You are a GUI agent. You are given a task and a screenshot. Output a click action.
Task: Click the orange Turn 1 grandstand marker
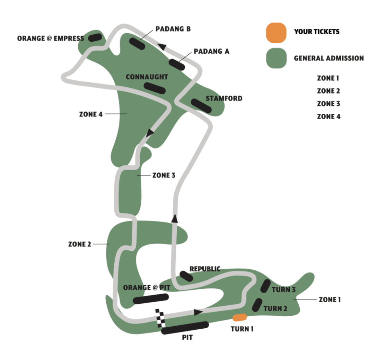(x=239, y=317)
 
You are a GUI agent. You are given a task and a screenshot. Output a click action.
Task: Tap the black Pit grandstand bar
(x=185, y=328)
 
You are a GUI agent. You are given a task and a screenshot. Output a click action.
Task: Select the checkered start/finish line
(x=160, y=318)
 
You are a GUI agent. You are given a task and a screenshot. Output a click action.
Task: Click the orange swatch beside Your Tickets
(x=276, y=32)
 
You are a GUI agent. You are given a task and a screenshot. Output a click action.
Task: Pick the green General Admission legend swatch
(x=276, y=58)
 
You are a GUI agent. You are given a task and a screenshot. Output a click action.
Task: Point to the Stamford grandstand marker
(x=201, y=106)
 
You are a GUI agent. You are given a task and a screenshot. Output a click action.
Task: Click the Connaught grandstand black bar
(x=155, y=88)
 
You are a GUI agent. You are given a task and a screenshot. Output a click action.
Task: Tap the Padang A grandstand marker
(x=177, y=65)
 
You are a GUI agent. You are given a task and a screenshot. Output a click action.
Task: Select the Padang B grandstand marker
(x=137, y=44)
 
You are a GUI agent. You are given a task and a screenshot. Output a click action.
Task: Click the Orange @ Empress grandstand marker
(x=95, y=37)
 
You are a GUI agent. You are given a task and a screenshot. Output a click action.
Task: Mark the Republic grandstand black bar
(x=186, y=276)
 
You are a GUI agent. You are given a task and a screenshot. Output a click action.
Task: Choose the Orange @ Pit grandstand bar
(x=151, y=299)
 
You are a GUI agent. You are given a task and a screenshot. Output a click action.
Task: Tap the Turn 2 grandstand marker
(x=257, y=304)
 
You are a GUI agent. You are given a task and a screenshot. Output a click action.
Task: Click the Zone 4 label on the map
(x=91, y=114)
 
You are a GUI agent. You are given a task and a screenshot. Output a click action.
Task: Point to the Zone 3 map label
(x=164, y=175)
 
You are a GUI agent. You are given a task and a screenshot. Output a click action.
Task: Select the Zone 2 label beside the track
(x=79, y=244)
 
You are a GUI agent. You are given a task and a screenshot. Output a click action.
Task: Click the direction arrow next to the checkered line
(x=198, y=312)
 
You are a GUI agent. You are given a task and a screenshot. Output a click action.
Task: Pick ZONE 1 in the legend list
(x=328, y=78)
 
